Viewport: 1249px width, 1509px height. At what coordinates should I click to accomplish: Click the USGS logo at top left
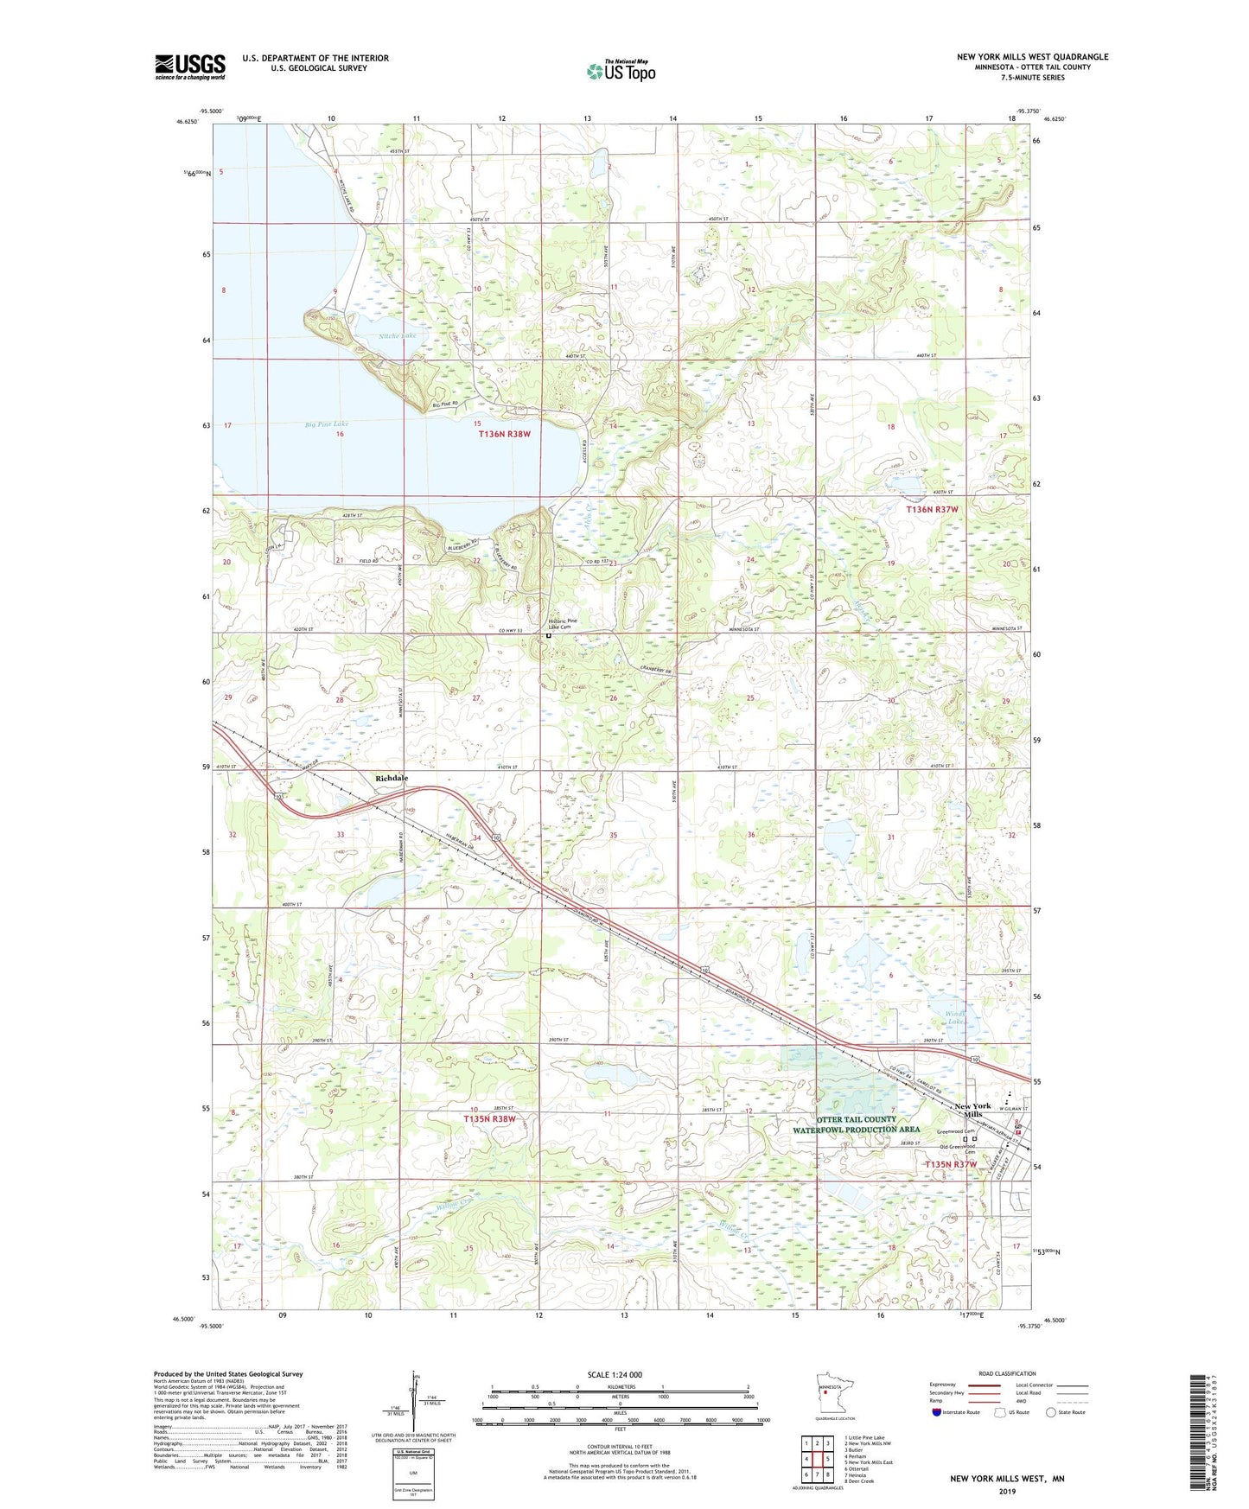pyautogui.click(x=189, y=67)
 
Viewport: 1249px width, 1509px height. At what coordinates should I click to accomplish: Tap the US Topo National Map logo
pyautogui.click(x=621, y=71)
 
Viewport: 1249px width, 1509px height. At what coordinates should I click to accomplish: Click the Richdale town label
pyautogui.click(x=392, y=778)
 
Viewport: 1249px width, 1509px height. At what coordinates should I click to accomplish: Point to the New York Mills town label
pyautogui.click(x=972, y=1110)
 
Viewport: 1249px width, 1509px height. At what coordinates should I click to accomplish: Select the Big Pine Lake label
pyautogui.click(x=327, y=424)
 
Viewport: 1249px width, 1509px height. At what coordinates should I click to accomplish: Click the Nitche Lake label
pyautogui.click(x=397, y=335)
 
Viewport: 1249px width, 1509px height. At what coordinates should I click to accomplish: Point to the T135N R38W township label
pyautogui.click(x=489, y=1118)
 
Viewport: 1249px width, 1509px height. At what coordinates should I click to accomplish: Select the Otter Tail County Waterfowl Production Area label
pyautogui.click(x=856, y=1124)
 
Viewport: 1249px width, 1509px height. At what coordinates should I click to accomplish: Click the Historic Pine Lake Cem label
pyautogui.click(x=562, y=624)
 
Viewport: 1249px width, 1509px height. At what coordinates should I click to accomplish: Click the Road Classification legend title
pyautogui.click(x=1007, y=1373)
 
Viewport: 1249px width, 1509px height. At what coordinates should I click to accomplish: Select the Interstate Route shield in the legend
pyautogui.click(x=938, y=1412)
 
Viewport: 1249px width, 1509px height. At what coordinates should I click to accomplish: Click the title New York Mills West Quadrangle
pyautogui.click(x=1032, y=57)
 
